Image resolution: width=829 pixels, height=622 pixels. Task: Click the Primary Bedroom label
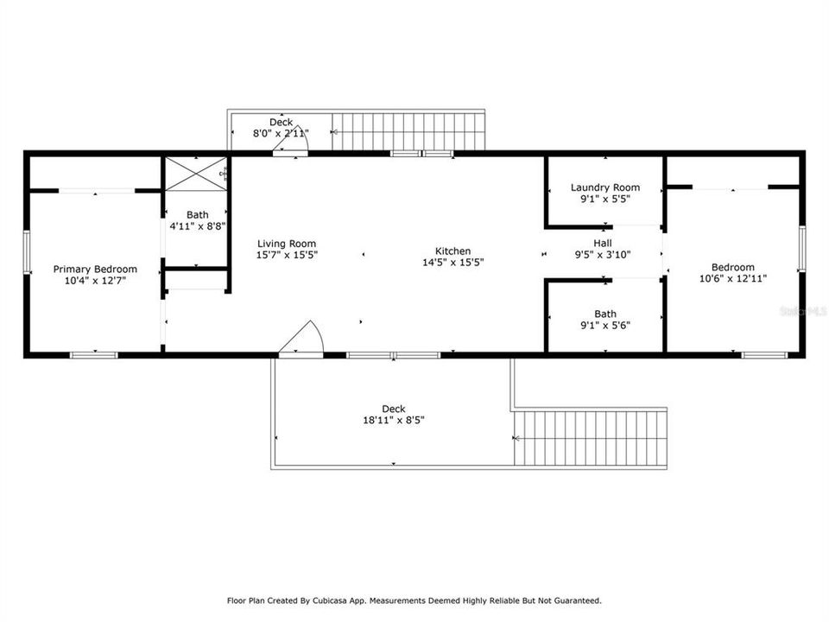tap(95, 270)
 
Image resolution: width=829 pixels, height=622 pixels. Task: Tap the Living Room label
tap(287, 244)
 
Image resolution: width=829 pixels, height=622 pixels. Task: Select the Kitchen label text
tap(453, 251)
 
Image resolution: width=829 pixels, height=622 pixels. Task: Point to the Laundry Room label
tap(605, 187)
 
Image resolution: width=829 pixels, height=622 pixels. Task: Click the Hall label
tap(603, 244)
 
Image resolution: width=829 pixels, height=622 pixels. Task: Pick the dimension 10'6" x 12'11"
tap(733, 279)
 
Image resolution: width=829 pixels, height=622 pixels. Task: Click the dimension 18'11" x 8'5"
tap(394, 421)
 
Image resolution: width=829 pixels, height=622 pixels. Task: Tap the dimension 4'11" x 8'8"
tap(198, 226)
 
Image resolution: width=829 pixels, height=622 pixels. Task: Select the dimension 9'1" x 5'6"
tap(605, 326)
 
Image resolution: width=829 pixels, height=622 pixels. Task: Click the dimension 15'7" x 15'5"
tap(287, 255)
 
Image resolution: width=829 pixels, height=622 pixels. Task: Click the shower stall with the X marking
tap(196, 174)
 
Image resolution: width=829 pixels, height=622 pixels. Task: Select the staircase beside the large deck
tap(590, 439)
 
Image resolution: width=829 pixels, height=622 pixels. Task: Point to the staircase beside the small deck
tap(408, 131)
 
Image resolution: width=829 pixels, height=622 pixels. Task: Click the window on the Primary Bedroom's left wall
tap(27, 252)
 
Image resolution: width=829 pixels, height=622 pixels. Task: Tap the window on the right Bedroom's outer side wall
tap(802, 249)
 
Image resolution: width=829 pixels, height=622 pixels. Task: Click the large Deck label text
tap(394, 409)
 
